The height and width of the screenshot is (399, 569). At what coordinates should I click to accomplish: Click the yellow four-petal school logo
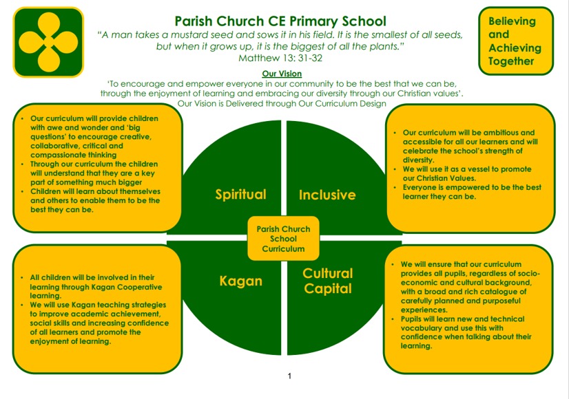tap(48, 42)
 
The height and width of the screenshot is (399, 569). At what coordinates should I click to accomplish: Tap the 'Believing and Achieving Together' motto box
tap(515, 41)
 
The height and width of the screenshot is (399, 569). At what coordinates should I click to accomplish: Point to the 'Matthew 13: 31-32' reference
tap(280, 58)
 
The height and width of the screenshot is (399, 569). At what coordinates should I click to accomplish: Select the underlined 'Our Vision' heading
tap(282, 74)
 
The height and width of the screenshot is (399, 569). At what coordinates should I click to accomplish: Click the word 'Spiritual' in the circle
tap(240, 194)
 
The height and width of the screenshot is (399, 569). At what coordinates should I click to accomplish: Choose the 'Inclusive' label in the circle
tap(327, 195)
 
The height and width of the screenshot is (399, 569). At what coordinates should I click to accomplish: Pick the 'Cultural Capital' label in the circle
tap(328, 281)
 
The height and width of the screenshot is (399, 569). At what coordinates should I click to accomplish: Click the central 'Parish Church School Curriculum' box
tap(283, 239)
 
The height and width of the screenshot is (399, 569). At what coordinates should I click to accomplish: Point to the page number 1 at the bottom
tap(290, 376)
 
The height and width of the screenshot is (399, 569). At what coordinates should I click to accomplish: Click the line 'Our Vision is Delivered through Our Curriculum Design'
tap(282, 103)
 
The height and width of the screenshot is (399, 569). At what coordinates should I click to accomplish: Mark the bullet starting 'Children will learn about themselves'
tap(96, 200)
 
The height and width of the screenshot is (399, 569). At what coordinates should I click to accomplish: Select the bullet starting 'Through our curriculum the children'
tap(96, 173)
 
